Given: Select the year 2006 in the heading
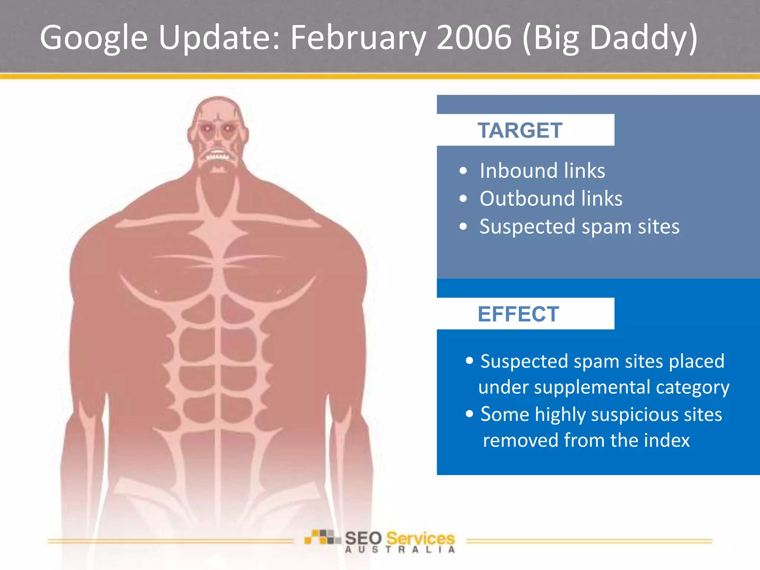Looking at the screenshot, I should [474, 38].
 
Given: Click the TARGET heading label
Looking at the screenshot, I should [520, 131].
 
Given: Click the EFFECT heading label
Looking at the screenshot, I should [518, 314].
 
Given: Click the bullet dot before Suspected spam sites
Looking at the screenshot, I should [463, 226].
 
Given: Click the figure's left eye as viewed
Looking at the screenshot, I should [207, 129].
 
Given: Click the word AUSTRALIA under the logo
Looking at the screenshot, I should [400, 550].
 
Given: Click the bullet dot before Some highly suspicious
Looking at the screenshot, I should [469, 413].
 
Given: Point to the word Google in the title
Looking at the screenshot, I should [94, 38].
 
